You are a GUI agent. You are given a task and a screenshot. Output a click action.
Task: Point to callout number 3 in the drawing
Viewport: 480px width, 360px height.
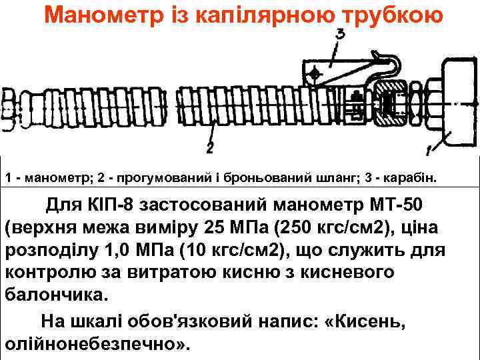point(341,34)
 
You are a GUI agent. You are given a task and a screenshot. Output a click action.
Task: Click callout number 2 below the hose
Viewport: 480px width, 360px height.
point(210,145)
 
